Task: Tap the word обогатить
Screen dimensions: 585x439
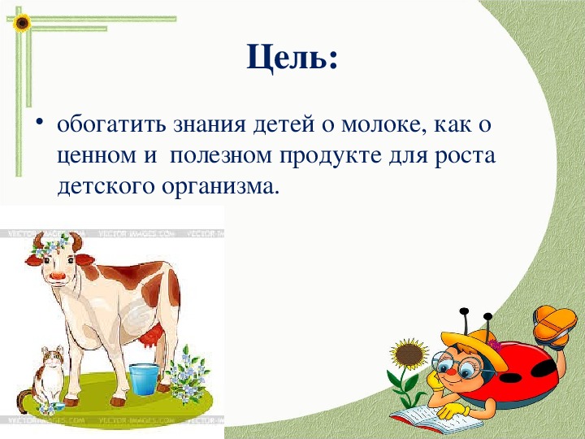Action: pyautogui.click(x=111, y=124)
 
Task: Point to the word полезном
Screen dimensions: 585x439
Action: pyautogui.click(x=221, y=155)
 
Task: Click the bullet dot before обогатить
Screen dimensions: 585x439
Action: pyautogui.click(x=40, y=123)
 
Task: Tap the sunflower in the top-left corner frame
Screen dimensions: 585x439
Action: pyautogui.click(x=22, y=23)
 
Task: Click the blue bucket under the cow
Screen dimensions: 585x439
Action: pyautogui.click(x=144, y=379)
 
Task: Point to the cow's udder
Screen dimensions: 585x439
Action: pyautogui.click(x=152, y=337)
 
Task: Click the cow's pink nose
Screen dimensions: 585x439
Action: pyautogui.click(x=58, y=276)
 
